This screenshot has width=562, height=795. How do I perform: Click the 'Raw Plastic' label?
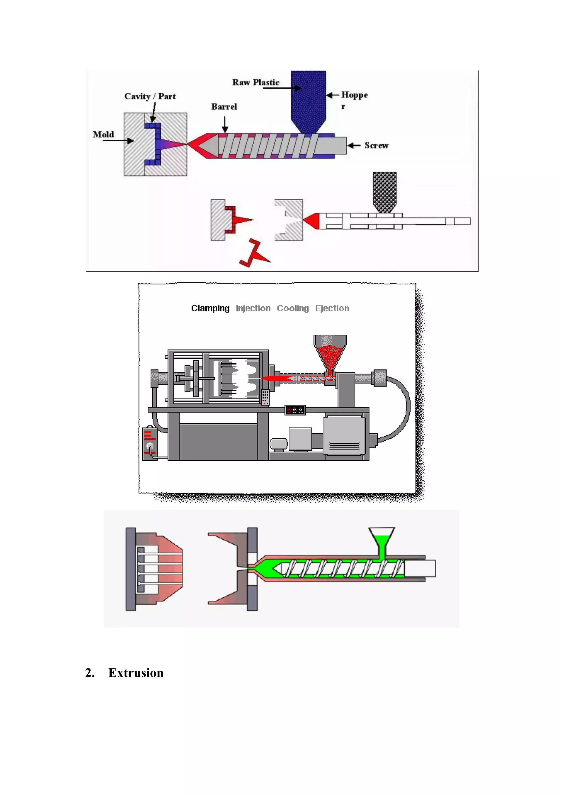[x=255, y=82]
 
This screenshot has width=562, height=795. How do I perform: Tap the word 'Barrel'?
[x=224, y=107]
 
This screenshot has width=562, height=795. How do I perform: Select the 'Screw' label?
[x=376, y=145]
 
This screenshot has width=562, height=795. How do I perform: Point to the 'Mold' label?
[x=103, y=134]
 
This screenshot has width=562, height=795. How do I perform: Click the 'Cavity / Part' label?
[x=150, y=96]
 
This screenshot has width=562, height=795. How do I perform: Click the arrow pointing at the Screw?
[x=354, y=145]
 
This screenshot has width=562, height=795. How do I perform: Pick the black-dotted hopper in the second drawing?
[x=384, y=192]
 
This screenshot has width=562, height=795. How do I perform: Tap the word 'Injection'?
[x=253, y=308]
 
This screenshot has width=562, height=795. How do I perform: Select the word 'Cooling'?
[x=293, y=308]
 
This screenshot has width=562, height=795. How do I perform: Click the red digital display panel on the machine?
[x=295, y=410]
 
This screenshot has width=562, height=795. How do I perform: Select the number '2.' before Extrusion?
[x=90, y=673]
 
